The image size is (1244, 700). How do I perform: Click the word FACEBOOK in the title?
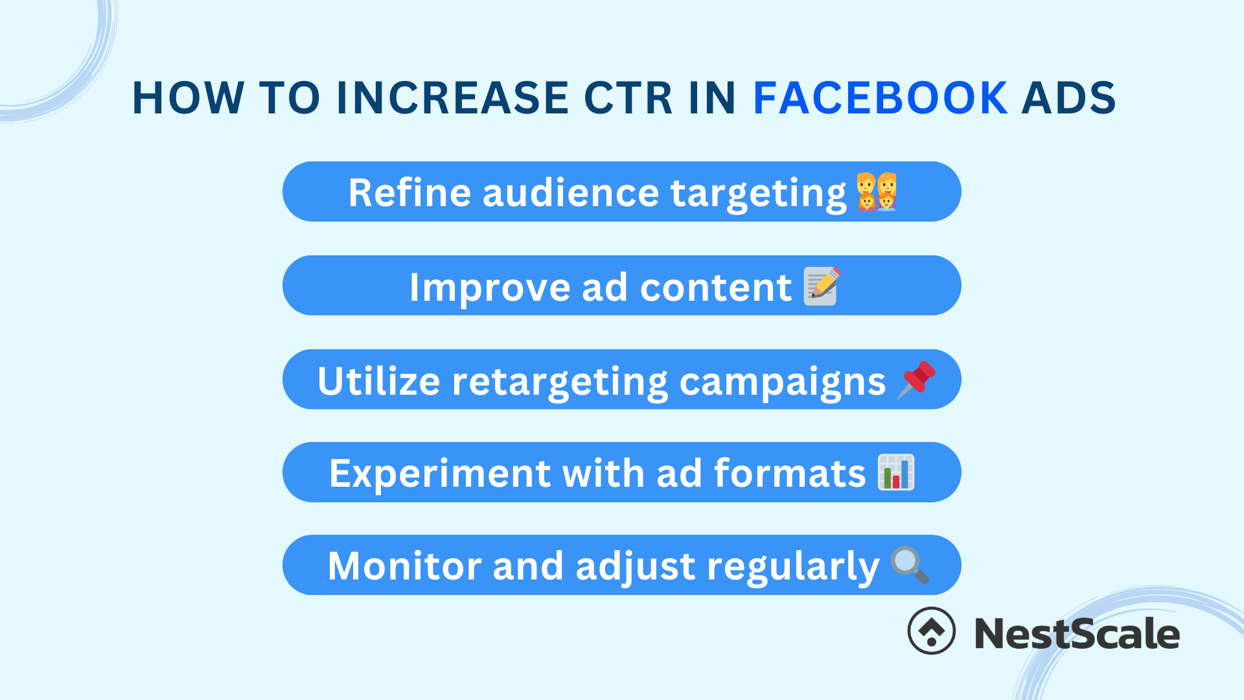(880, 98)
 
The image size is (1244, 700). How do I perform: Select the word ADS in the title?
(1068, 98)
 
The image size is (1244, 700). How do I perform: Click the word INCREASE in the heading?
(453, 98)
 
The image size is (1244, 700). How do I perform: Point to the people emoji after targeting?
(877, 192)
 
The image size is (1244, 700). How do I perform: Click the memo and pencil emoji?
(822, 286)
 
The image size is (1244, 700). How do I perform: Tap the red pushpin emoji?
(916, 380)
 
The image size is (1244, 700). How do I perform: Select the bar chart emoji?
(896, 472)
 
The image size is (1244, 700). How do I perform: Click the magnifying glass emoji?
(910, 565)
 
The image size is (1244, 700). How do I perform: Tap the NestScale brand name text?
(1077, 633)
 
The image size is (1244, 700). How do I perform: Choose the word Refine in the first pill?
(409, 192)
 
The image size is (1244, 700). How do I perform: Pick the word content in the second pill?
(715, 287)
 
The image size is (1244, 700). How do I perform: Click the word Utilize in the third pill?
(378, 380)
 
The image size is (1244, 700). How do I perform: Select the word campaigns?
(782, 382)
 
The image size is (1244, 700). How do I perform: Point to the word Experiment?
(439, 473)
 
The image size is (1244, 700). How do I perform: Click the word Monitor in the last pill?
(404, 566)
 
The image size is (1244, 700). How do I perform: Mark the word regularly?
(792, 567)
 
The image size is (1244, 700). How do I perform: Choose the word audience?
(570, 192)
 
